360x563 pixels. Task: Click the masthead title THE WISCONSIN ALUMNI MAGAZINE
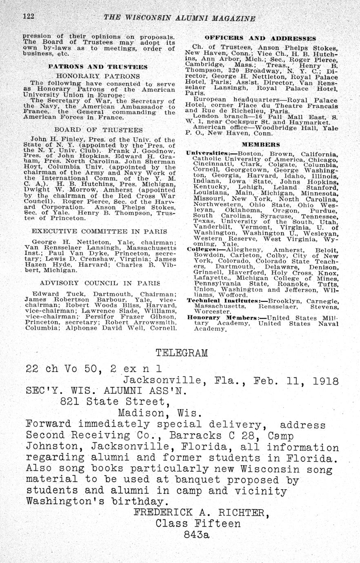[180, 18]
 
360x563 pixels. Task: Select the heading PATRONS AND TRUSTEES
[98, 66]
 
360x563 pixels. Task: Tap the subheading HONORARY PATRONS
[98, 76]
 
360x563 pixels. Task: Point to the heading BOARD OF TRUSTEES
[98, 130]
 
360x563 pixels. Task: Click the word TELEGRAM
[182, 353]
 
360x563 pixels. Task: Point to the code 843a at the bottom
[196, 534]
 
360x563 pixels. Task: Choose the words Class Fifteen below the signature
[198, 523]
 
